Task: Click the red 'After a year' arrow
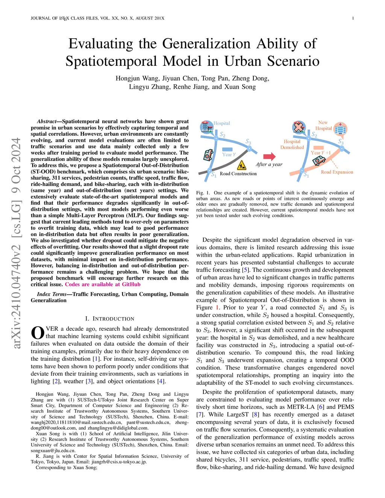(x=269, y=156)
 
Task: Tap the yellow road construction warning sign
(x=242, y=165)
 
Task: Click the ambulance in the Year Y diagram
(x=209, y=154)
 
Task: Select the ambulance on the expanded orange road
(x=319, y=160)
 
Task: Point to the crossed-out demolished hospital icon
(x=299, y=127)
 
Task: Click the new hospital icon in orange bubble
(x=340, y=129)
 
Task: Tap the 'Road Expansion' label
(x=337, y=172)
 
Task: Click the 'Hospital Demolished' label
(x=292, y=144)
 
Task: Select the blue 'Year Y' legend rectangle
(x=227, y=149)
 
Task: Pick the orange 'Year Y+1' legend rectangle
(x=318, y=148)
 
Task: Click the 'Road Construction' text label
(x=238, y=174)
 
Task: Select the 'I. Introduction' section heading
(x=109, y=319)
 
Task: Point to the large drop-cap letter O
(x=38, y=333)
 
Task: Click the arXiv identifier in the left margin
(x=16, y=243)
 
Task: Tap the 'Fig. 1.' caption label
(x=203, y=193)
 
